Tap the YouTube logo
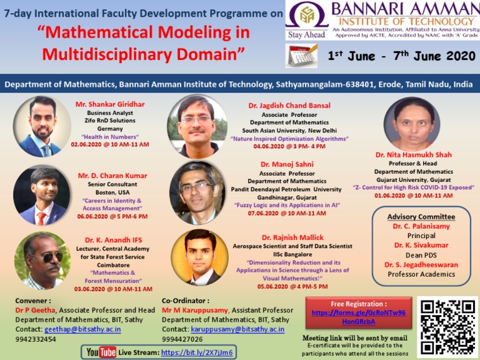pyautogui.click(x=101, y=352)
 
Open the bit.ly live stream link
pyautogui.click(x=197, y=352)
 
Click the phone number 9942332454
pyautogui.click(x=36, y=339)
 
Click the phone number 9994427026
pyautogui.click(x=182, y=339)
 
